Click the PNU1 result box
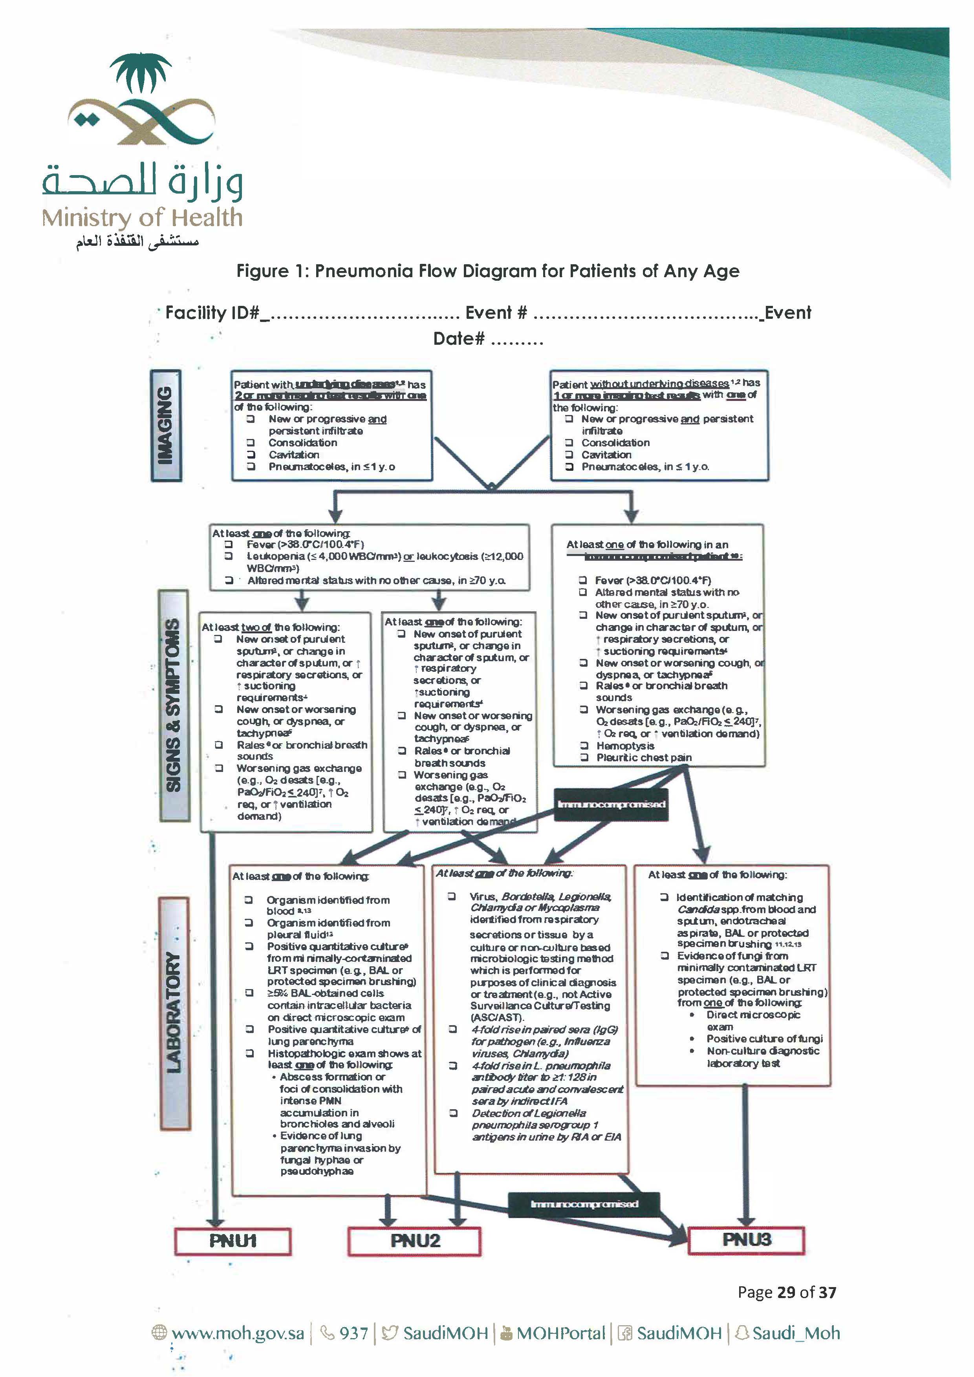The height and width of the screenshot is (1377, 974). click(x=233, y=1241)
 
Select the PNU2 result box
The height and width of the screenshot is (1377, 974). click(x=414, y=1241)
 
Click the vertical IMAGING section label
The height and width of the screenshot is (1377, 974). click(x=165, y=425)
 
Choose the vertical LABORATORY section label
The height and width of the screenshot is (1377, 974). click(x=174, y=1013)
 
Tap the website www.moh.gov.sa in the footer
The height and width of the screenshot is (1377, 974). click(x=238, y=1333)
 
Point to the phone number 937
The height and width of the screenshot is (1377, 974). click(x=353, y=1333)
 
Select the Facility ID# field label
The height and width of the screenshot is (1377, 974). click(x=212, y=313)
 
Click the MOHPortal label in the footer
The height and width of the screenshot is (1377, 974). click(x=560, y=1333)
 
